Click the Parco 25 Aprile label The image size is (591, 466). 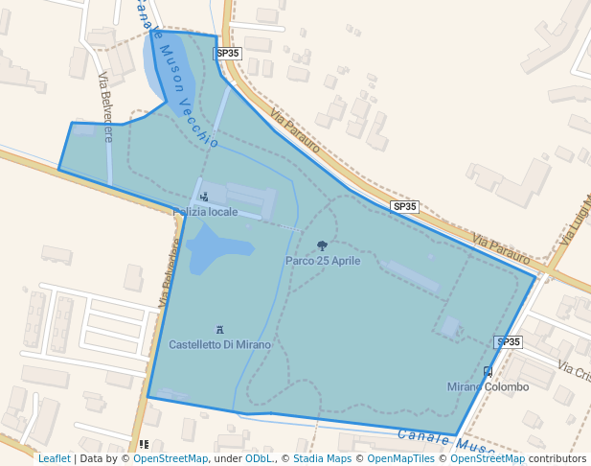(323, 261)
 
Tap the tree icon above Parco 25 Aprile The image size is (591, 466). (322, 246)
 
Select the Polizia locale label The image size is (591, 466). (205, 212)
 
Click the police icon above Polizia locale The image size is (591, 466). (203, 198)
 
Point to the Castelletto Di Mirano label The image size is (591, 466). (219, 344)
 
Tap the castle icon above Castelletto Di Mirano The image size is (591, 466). (220, 330)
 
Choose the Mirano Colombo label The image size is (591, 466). (488, 387)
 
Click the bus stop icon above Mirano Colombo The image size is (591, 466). (488, 372)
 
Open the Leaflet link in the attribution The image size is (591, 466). (54, 459)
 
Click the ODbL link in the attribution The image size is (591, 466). (258, 459)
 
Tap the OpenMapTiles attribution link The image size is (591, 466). (399, 459)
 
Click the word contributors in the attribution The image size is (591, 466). (557, 459)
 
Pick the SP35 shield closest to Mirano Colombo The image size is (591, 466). (508, 342)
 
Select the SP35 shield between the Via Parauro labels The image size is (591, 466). (404, 206)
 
